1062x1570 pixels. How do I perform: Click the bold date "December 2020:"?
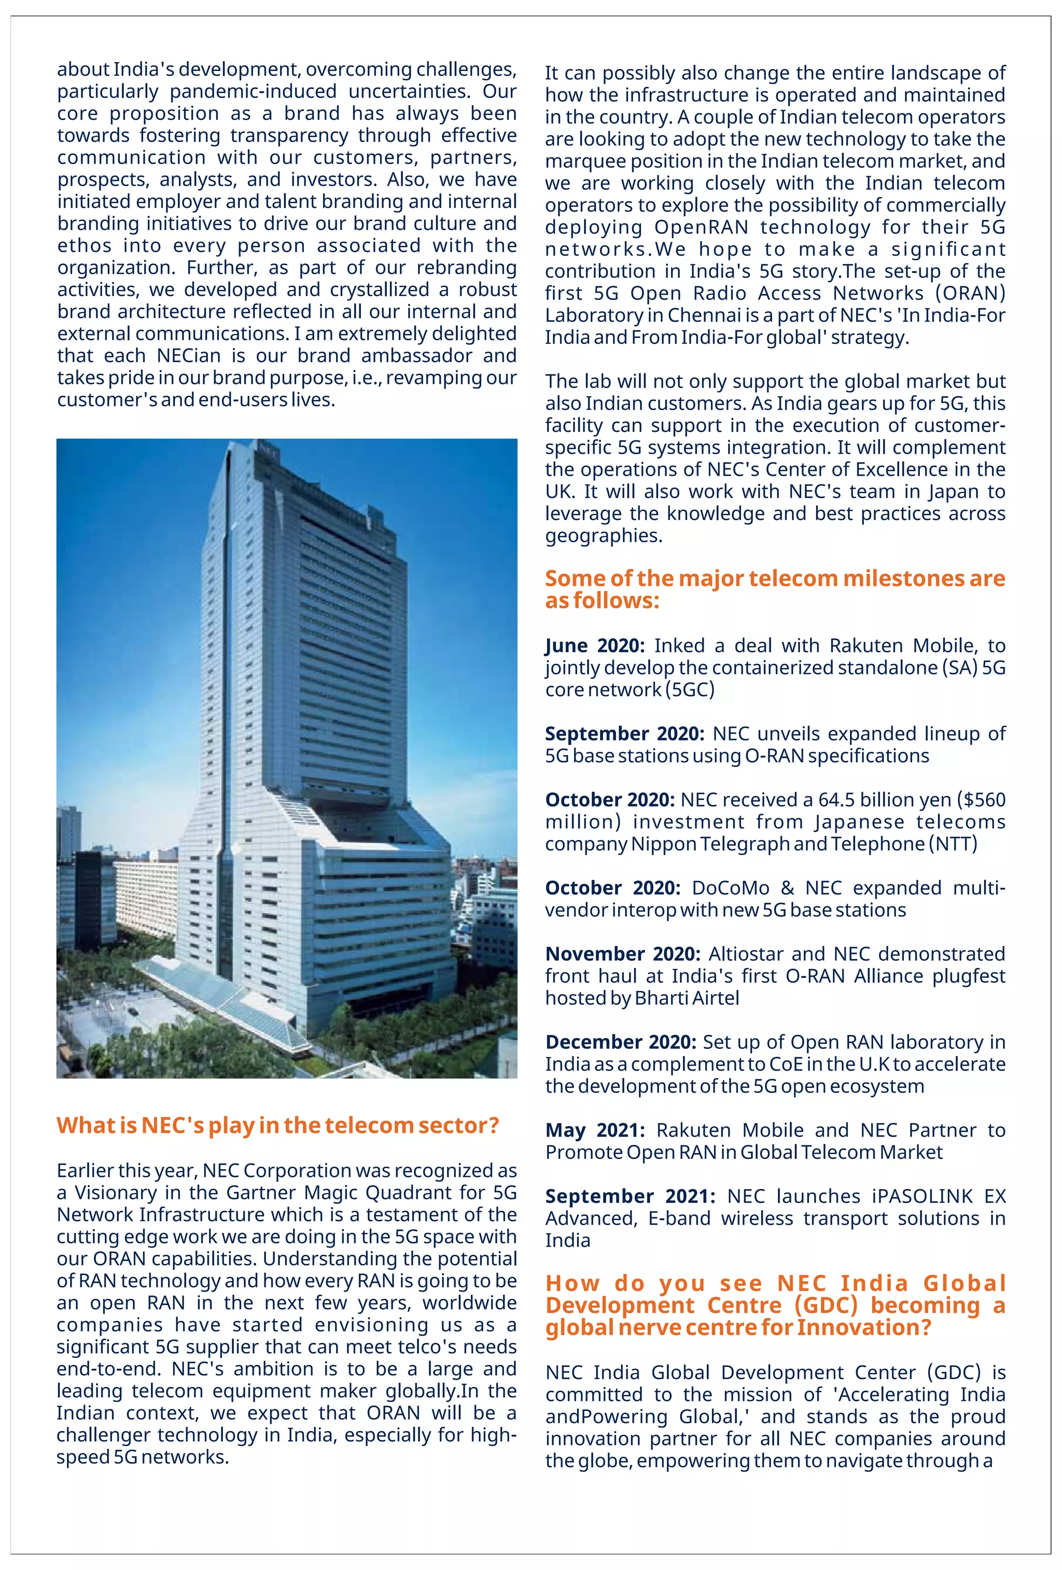click(620, 1042)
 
